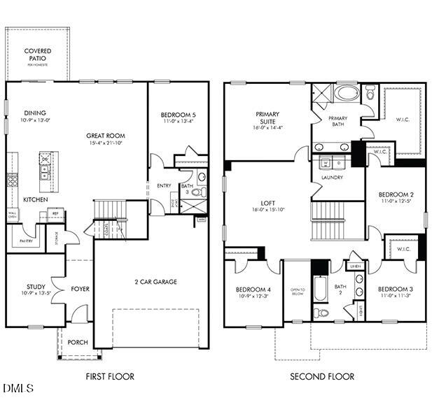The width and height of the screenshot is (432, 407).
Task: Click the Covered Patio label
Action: coord(37,55)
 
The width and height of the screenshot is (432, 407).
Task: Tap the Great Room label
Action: coord(106,136)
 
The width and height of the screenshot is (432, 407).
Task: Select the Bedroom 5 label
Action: coord(178,115)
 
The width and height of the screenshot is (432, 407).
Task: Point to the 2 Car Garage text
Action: coord(156,282)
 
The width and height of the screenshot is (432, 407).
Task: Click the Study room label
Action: coord(36,286)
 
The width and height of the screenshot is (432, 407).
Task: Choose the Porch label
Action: coord(77,342)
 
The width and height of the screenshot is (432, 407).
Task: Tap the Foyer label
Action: coord(80,288)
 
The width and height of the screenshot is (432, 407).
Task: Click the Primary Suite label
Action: coord(267,118)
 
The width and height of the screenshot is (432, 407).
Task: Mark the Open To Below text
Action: coord(297,292)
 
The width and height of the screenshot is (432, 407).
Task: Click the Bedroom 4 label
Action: coord(253,290)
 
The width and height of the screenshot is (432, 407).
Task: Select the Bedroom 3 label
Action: coord(396,289)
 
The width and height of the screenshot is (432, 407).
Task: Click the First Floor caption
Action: coord(110,376)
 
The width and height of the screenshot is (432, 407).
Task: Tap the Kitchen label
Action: coord(35,199)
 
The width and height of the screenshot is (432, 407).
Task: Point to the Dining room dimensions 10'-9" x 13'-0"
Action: coord(36,121)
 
